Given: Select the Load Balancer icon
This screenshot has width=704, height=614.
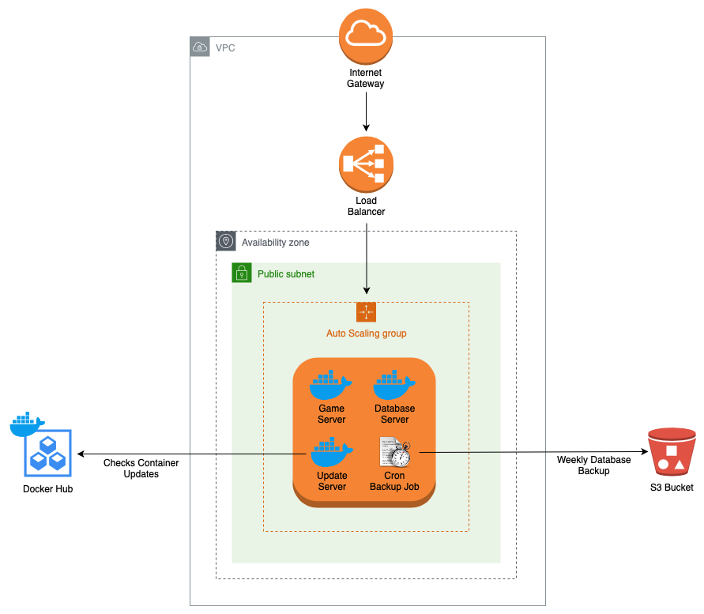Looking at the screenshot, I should pyautogui.click(x=366, y=164).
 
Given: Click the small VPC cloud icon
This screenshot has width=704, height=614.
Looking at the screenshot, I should pyautogui.click(x=201, y=47).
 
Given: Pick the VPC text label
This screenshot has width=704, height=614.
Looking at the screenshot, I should pyautogui.click(x=225, y=48).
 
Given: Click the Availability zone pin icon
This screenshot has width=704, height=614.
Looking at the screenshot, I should pyautogui.click(x=226, y=242).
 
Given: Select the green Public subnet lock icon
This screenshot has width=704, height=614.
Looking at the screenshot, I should pyautogui.click(x=242, y=273).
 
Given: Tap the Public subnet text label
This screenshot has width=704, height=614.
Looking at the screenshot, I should pyautogui.click(x=286, y=274).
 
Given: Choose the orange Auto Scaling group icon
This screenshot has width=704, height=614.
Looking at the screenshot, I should pyautogui.click(x=366, y=312).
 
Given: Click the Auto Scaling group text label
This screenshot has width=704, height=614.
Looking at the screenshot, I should pyautogui.click(x=366, y=333).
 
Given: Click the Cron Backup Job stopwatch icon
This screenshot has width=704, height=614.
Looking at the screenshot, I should pyautogui.click(x=395, y=453).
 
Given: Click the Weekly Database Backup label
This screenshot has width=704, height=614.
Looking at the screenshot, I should pyautogui.click(x=594, y=465).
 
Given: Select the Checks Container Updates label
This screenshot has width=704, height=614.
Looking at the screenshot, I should pyautogui.click(x=141, y=469).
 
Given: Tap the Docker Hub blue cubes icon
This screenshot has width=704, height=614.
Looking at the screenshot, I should pyautogui.click(x=47, y=453).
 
